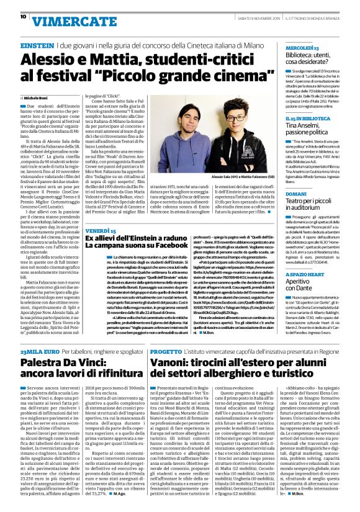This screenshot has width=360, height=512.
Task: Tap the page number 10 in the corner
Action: pos(14,17)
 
